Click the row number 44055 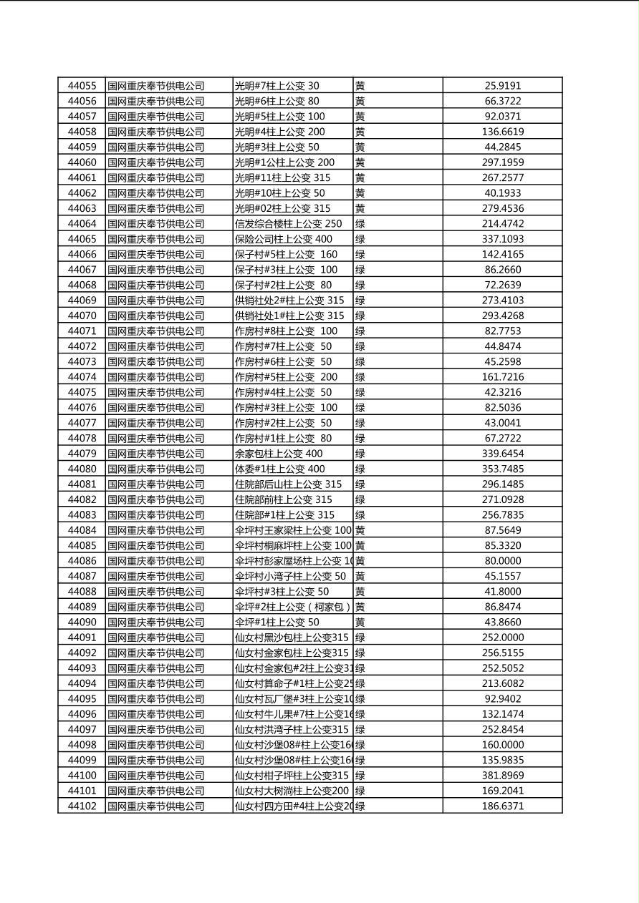coord(82,86)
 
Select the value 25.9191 coord(503,86)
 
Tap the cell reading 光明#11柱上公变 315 coord(283,177)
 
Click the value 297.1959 coord(503,162)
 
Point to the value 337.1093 coord(503,239)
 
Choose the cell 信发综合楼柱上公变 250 coord(289,224)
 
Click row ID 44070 coord(82,316)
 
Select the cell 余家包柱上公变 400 coord(279,454)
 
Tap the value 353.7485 coord(503,469)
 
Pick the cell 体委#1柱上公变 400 coord(280,469)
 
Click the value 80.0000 coord(503,561)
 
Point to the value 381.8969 coord(503,776)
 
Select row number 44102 coord(82,806)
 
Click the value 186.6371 coord(503,806)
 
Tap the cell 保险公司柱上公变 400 coord(284,239)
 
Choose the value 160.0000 coord(503,745)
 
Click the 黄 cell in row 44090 coord(360,623)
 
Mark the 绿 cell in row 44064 coord(360,224)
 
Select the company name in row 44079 coord(156,454)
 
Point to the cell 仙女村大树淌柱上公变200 coord(292,791)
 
